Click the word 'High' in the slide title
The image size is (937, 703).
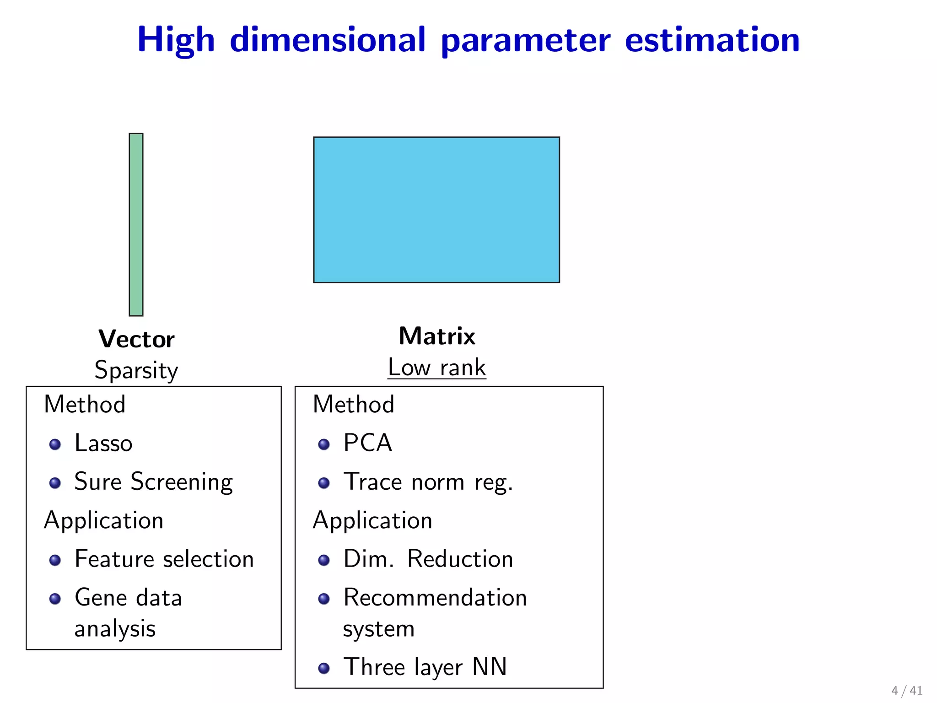pyautogui.click(x=176, y=40)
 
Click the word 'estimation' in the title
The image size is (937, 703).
pyautogui.click(x=712, y=40)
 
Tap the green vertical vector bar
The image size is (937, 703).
pyautogui.click(x=136, y=224)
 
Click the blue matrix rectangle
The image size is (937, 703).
pyautogui.click(x=436, y=210)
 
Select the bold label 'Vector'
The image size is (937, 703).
pyautogui.click(x=136, y=339)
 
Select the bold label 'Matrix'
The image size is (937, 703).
pyautogui.click(x=437, y=336)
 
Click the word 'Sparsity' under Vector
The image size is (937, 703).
pyautogui.click(x=136, y=370)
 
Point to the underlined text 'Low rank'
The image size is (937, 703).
pyautogui.click(x=437, y=368)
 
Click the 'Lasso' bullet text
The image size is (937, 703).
pyautogui.click(x=103, y=443)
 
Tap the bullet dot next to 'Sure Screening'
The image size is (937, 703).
pyautogui.click(x=55, y=483)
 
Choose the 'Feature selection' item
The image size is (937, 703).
pyautogui.click(x=164, y=559)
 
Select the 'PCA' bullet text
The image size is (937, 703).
pyautogui.click(x=368, y=443)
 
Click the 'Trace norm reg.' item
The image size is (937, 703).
pyautogui.click(x=428, y=482)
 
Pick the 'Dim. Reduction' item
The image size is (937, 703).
pyautogui.click(x=428, y=559)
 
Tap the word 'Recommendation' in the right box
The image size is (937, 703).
pyautogui.click(x=435, y=597)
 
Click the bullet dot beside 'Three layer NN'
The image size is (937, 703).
pyautogui.click(x=324, y=668)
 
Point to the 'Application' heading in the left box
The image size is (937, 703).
pyautogui.click(x=104, y=520)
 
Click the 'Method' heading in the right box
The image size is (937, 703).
pyautogui.click(x=353, y=404)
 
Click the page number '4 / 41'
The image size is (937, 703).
pyautogui.click(x=906, y=690)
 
